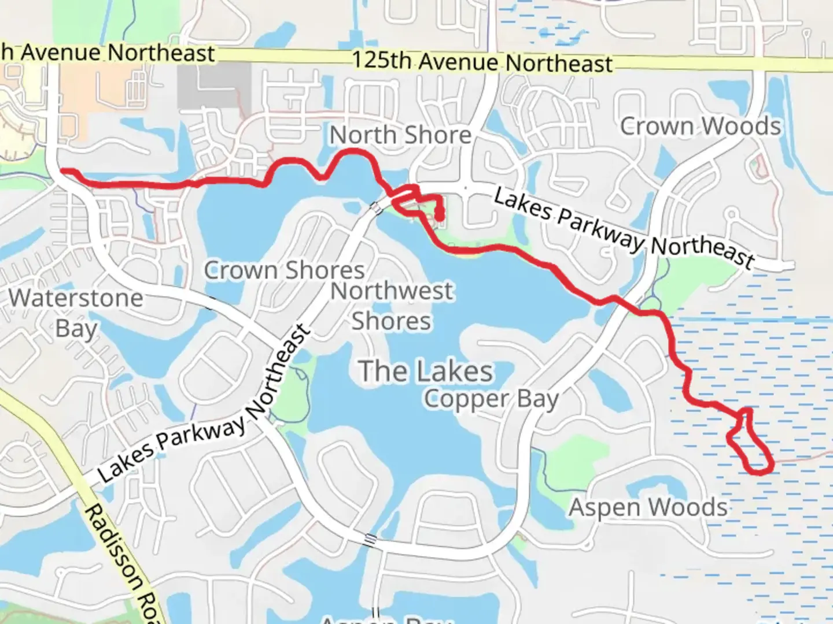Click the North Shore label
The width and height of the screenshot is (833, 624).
coord(400,135)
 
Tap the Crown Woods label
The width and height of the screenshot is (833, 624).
coord(701,126)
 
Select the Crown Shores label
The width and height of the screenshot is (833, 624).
coord(284,270)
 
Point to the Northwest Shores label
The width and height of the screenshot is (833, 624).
coord(392,306)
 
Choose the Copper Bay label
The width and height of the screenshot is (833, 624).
coord(491,399)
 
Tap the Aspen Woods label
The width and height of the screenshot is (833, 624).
coord(648,507)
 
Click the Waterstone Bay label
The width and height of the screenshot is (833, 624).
coord(76,313)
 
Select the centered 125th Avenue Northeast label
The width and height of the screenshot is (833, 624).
coord(482,62)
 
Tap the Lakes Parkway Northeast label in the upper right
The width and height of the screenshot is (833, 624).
coord(624,229)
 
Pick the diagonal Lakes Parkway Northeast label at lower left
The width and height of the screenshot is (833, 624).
coord(205,404)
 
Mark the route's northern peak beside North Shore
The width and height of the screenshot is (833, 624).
coord(353,151)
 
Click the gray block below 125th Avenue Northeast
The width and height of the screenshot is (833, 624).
coord(214,85)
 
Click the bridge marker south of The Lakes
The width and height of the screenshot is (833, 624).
coord(370,541)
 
